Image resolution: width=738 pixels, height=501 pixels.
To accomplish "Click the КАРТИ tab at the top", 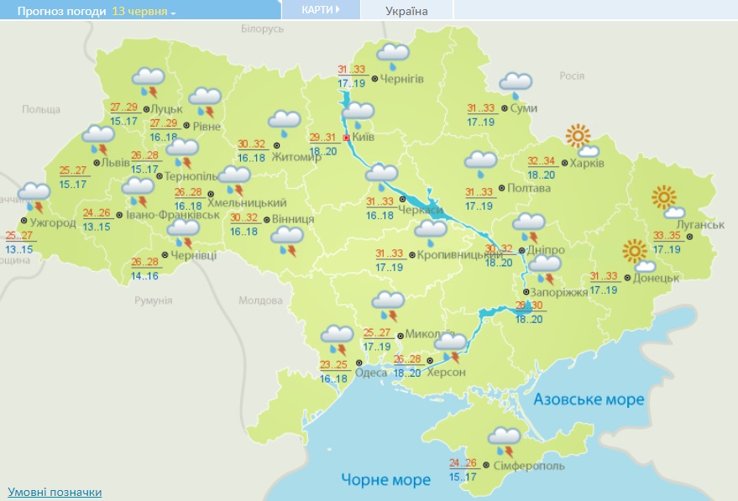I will click(x=321, y=10).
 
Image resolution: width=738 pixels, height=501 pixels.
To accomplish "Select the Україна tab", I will click(x=406, y=11).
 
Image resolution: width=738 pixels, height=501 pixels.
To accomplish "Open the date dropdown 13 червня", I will click(x=144, y=12).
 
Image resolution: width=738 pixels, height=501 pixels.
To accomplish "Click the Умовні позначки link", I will click(x=55, y=492).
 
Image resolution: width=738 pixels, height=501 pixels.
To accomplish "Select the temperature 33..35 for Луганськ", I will click(x=668, y=236).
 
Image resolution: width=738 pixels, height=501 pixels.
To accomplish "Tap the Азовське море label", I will click(x=589, y=399).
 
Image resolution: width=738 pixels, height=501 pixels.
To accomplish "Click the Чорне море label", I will click(x=385, y=479).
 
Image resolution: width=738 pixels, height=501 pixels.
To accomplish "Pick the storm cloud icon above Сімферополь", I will click(x=504, y=439).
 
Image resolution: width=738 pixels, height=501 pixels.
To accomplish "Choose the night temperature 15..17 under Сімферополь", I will click(x=463, y=477).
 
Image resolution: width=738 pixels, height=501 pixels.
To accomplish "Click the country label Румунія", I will click(x=152, y=300).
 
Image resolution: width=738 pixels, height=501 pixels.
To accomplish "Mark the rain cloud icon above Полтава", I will click(x=481, y=164).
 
